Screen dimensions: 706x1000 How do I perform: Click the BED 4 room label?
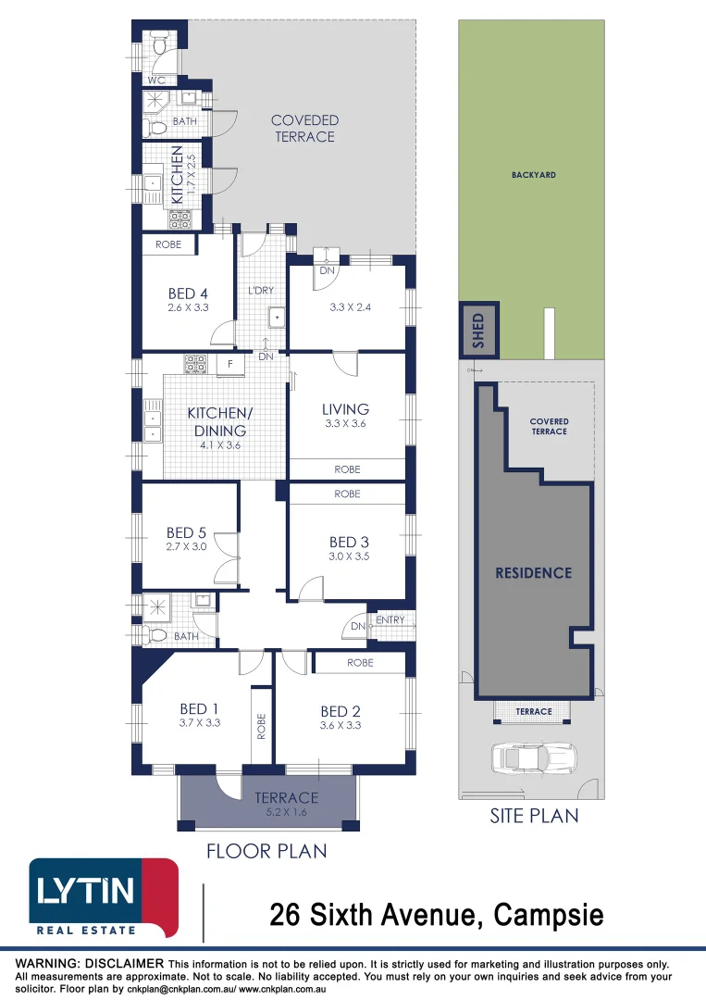188,294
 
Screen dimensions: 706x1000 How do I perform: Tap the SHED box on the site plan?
478,331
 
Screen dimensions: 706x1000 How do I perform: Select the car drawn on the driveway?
534,757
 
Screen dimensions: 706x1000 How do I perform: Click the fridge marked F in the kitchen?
230,365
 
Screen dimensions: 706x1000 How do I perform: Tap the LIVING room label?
345,409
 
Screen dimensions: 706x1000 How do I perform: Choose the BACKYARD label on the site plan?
534,175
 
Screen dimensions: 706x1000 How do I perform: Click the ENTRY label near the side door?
390,619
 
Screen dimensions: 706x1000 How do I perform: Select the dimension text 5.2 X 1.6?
287,813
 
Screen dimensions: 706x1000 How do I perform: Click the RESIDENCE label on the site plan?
534,573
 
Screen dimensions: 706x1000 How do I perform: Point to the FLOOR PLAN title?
266,851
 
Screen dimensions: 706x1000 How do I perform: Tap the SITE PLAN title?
534,816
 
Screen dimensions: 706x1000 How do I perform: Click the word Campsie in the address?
549,915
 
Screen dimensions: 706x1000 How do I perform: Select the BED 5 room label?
186,532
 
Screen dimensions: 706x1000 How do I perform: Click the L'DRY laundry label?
261,290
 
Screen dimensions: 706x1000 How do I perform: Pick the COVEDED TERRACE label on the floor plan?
304,128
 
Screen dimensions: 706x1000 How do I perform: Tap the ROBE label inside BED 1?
261,727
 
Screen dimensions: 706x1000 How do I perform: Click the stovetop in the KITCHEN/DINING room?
195,364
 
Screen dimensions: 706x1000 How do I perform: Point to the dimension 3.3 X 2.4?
350,306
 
